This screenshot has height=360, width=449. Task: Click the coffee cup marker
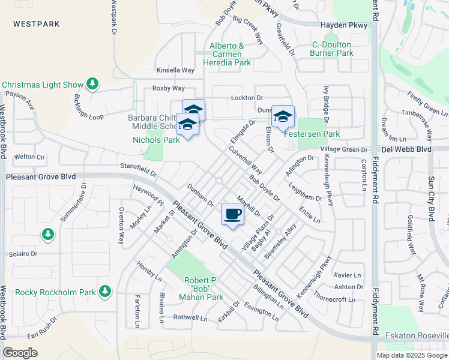coord(233,214)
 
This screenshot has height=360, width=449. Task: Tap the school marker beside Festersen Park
coord(283,116)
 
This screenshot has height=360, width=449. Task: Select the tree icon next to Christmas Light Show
coord(92,84)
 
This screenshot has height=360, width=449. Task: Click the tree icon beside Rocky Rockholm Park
coord(105,292)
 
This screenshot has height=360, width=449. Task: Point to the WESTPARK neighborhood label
coord(38,24)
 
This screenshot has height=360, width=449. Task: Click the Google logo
coord(20,352)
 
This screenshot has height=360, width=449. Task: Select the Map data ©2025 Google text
coord(412,355)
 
